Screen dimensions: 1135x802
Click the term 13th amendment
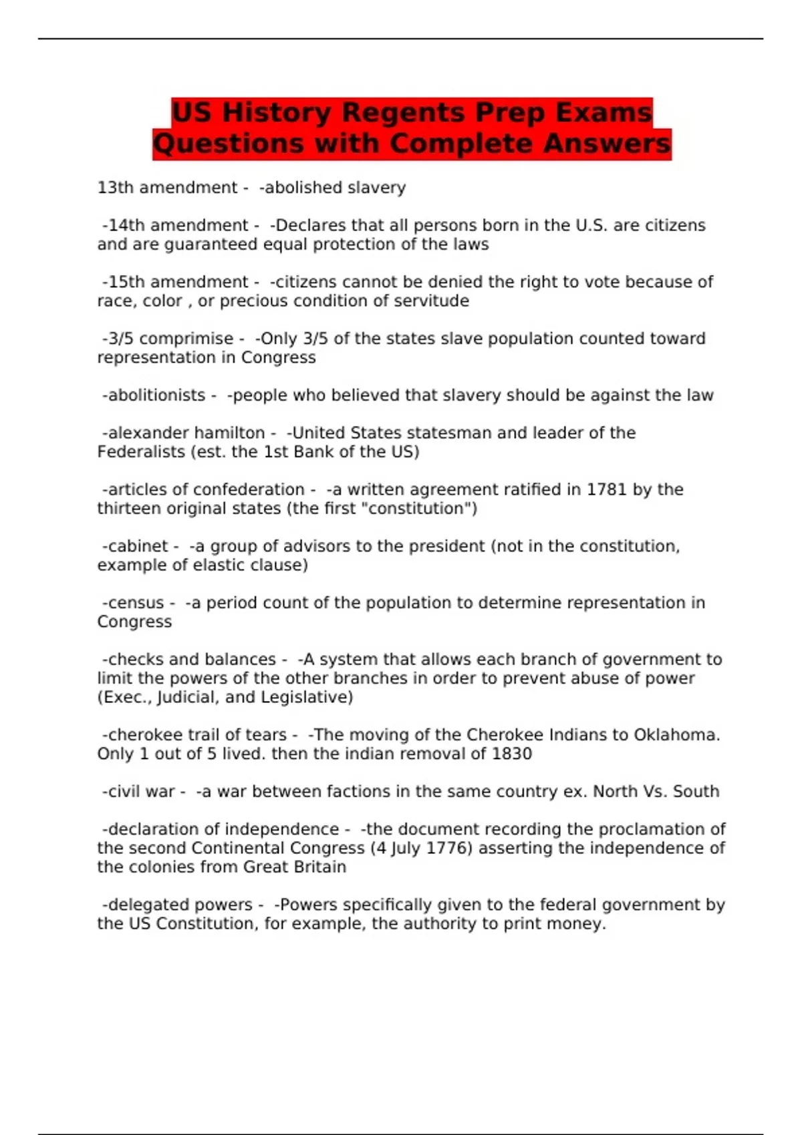[x=167, y=188]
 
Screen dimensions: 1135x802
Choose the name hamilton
[x=230, y=433]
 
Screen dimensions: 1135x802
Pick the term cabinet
[x=138, y=546]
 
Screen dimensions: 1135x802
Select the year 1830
[x=511, y=754]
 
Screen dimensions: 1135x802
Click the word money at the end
[x=579, y=924]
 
